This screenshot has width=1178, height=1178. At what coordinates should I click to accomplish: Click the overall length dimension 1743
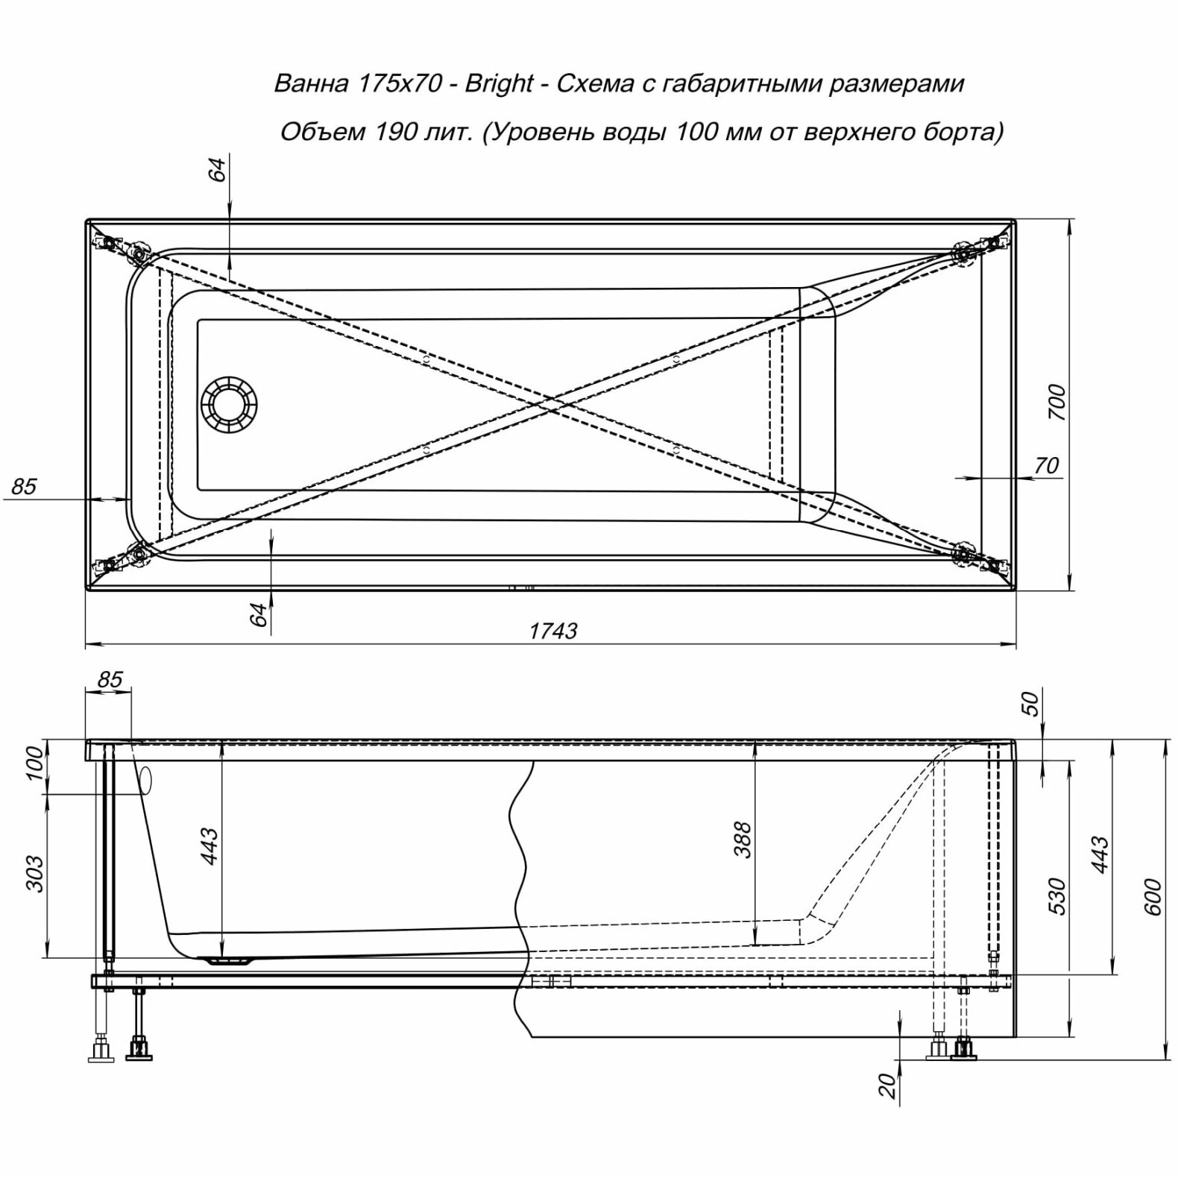coord(552,631)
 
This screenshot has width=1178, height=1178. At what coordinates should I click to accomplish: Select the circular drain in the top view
coord(228,405)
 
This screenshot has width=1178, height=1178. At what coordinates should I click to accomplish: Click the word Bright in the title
coord(499,84)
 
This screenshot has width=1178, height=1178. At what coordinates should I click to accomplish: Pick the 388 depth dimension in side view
coord(743,840)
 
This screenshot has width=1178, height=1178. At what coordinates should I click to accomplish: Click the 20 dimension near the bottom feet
coord(887,1086)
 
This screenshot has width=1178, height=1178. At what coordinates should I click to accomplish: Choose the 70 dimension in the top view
coord(1047,465)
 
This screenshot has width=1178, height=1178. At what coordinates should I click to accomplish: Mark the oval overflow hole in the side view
coord(145,781)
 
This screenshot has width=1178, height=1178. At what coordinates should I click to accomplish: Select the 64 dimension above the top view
coord(217,170)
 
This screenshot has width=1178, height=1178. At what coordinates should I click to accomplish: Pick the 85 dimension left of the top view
coord(24,486)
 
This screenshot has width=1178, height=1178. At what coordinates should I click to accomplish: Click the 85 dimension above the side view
coord(109,679)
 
